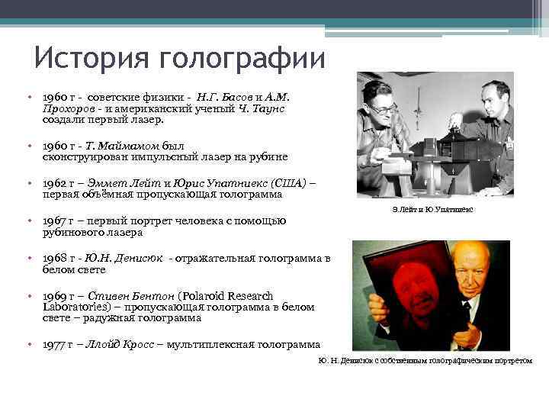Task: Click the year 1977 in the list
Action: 53,344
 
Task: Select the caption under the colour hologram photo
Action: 425,360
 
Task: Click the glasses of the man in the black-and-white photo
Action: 384,109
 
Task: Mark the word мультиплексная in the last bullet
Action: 216,344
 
